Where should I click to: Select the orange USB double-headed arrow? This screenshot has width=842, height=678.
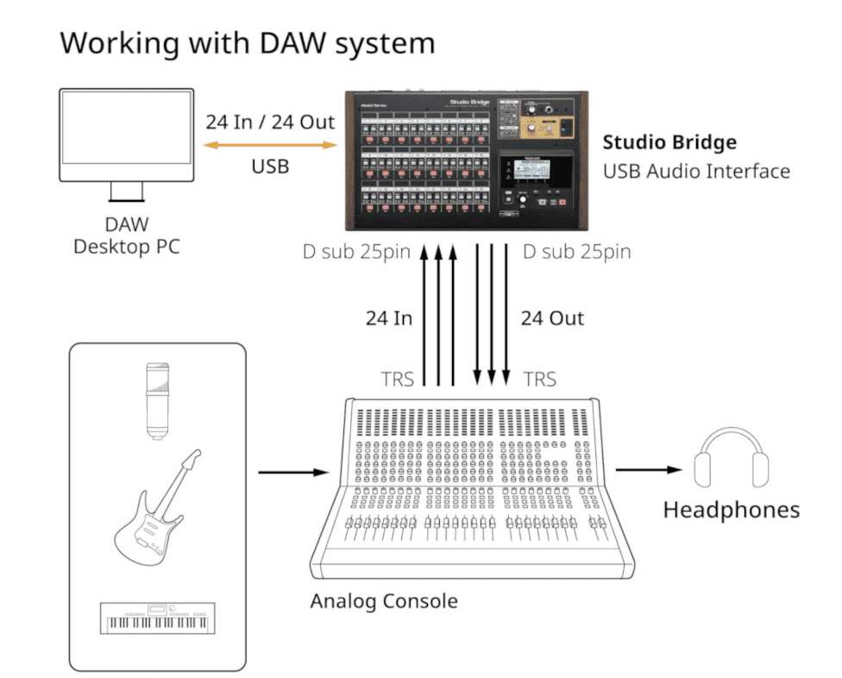point(270,145)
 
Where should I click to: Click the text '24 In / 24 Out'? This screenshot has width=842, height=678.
point(270,122)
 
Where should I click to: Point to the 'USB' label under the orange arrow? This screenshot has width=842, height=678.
point(270,166)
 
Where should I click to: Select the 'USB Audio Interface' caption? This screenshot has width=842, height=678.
point(696,171)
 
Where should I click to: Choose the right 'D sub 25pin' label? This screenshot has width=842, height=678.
point(577,252)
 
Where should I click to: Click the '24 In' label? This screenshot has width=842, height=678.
point(389,318)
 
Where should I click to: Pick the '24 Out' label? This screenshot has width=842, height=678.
point(552,318)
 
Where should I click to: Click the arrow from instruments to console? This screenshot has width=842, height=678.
point(293,472)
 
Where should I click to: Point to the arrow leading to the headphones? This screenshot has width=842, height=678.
point(648,470)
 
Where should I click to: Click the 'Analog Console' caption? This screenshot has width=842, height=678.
point(384,600)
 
